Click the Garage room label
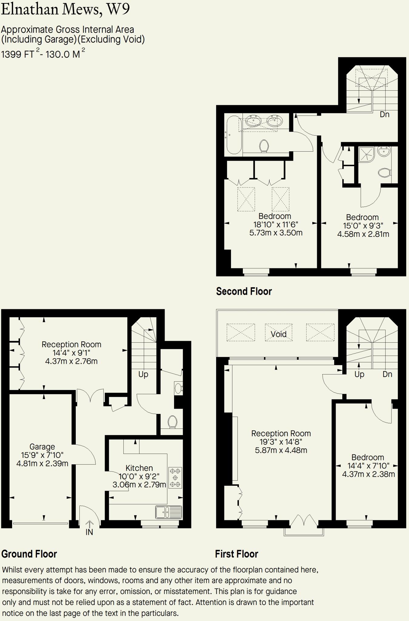[42, 447]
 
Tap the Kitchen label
[139, 468]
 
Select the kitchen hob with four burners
[175, 478]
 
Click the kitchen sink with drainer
[169, 512]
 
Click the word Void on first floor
[278, 334]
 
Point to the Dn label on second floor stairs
[384, 114]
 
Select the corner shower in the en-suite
[366, 154]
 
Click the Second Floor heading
[244, 291]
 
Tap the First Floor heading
[236, 554]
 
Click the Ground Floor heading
[29, 554]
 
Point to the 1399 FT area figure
[18, 54]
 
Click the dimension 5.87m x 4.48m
[281, 450]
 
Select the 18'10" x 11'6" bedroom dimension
[276, 225]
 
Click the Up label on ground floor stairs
[143, 374]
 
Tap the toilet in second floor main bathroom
[264, 146]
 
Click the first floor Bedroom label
[367, 457]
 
